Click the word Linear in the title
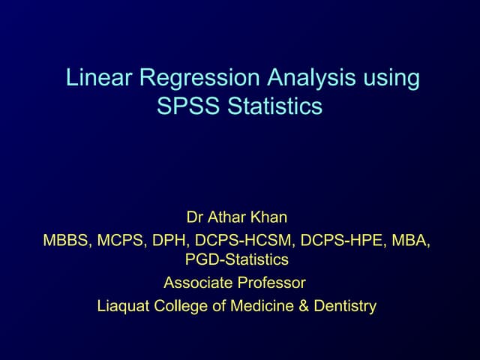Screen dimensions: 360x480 [93, 79]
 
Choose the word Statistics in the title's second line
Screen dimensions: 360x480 [274, 107]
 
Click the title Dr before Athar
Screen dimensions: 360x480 [194, 218]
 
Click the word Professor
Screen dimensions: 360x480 [271, 283]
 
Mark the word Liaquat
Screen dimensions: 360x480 [123, 306]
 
